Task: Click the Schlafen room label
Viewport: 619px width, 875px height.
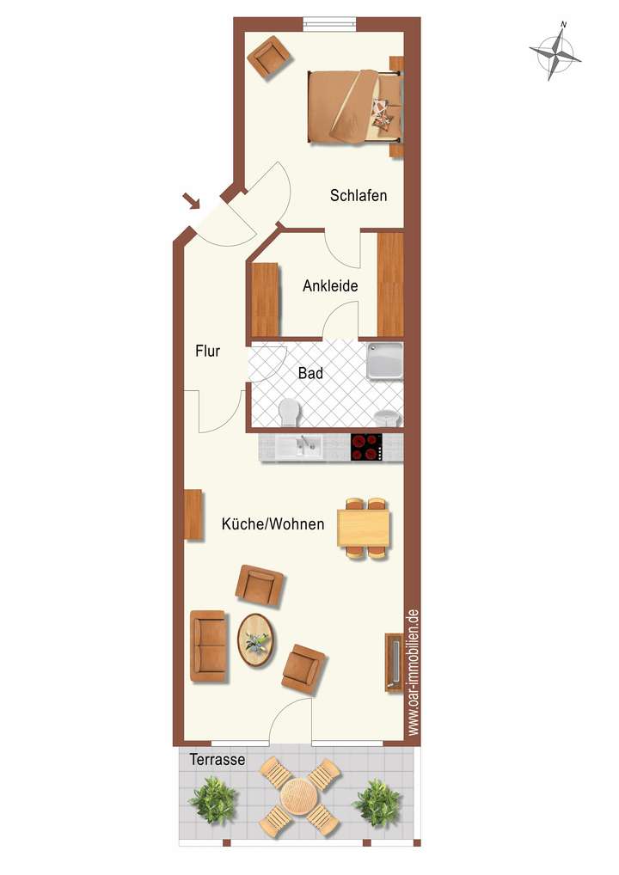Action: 359,196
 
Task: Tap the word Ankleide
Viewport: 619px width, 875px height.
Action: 330,286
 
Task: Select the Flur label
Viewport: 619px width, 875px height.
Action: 208,351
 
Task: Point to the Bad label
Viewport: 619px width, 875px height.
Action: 310,374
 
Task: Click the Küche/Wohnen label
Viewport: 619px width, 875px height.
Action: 273,523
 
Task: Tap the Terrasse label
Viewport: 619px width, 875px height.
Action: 218,760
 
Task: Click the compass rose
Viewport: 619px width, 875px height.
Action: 555,53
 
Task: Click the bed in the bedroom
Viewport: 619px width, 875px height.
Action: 354,107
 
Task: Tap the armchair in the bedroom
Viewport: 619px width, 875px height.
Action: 269,57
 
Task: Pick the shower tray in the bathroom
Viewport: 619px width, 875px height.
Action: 384,362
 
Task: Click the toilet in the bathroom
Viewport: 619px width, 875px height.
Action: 290,413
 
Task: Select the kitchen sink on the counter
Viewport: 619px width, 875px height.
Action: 306,446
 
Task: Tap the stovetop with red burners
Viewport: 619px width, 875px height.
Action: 366,446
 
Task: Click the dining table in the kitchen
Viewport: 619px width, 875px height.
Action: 365,529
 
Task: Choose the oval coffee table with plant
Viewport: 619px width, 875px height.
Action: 255,639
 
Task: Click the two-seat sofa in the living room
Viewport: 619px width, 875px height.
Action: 208,646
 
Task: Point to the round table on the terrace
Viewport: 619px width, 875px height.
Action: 298,796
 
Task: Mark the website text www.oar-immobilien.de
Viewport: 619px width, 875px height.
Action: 414,672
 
